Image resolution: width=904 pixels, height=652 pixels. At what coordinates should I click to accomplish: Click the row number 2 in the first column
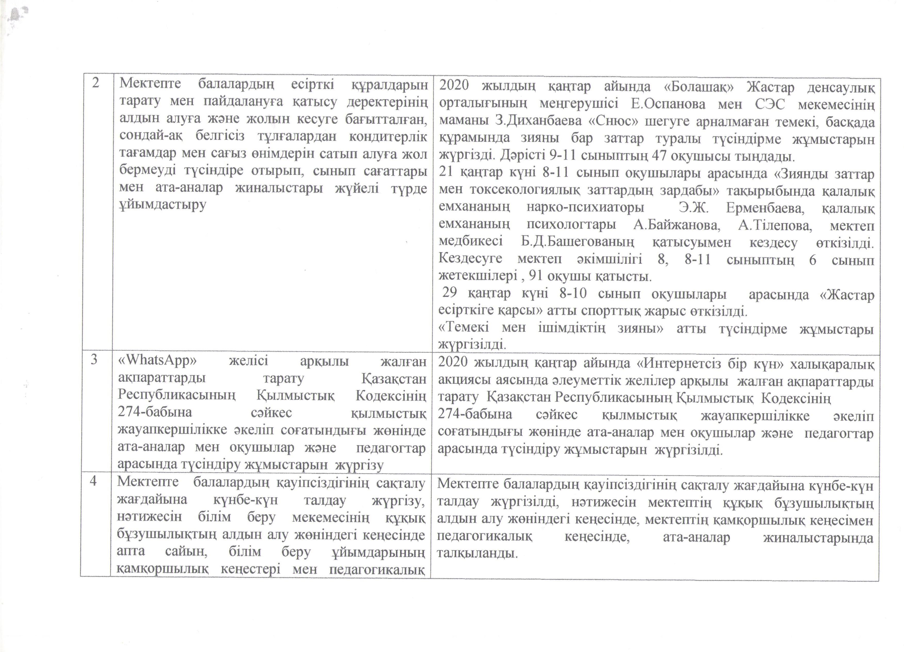click(x=96, y=83)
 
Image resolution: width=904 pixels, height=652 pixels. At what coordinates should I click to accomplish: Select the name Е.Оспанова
click(x=668, y=104)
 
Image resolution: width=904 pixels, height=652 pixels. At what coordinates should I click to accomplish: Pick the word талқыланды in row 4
click(x=477, y=554)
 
